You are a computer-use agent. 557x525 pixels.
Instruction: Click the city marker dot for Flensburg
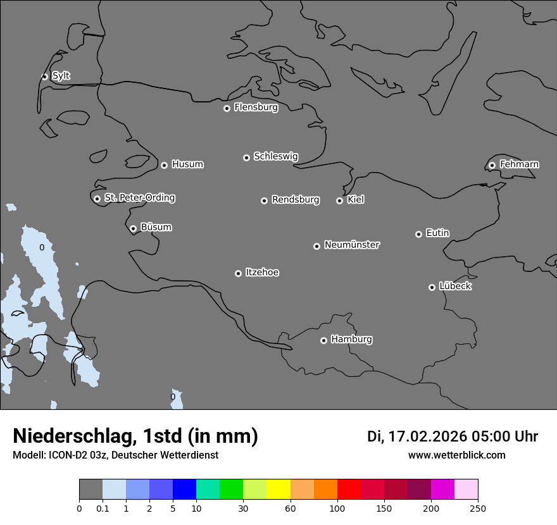click(x=227, y=108)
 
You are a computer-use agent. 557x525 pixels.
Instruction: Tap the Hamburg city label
click(x=351, y=339)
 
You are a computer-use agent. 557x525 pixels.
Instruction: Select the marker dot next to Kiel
click(x=339, y=201)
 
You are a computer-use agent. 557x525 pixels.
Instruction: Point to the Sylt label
click(x=61, y=76)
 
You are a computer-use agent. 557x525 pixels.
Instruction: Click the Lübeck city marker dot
click(x=432, y=287)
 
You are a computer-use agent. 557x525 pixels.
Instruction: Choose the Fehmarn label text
click(x=519, y=164)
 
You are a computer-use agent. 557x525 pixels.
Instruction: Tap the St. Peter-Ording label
click(x=139, y=197)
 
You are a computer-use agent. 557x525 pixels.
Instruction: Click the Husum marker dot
click(x=164, y=165)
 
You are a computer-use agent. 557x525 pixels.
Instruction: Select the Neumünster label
click(x=352, y=245)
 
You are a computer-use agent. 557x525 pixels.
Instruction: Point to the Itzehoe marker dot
click(x=238, y=273)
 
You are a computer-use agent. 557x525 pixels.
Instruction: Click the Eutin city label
click(x=437, y=233)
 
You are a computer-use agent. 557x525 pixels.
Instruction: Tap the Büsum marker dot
click(x=133, y=228)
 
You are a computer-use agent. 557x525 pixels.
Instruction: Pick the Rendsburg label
click(x=296, y=200)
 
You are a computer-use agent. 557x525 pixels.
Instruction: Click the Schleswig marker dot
click(x=246, y=157)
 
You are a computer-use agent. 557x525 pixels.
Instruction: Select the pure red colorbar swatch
click(x=349, y=490)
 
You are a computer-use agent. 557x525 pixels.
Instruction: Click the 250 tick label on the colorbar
click(x=477, y=508)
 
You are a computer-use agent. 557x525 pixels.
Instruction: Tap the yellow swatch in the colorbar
click(x=278, y=490)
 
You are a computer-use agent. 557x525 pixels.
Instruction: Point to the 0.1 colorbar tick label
click(x=103, y=508)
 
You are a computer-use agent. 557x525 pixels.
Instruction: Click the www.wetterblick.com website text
click(x=456, y=455)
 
